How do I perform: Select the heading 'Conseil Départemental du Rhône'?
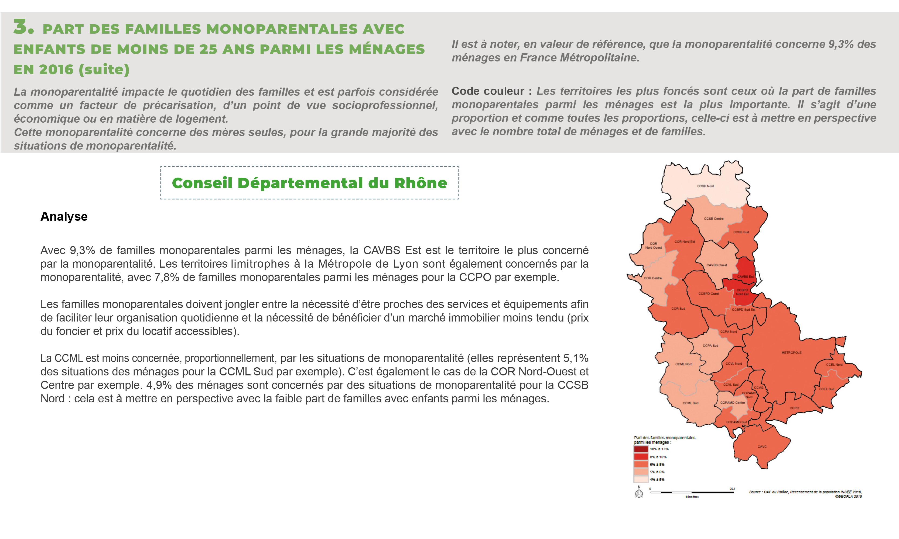[309, 183]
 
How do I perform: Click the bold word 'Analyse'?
[64, 216]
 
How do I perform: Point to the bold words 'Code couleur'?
[487, 91]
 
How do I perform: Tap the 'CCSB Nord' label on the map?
[705, 186]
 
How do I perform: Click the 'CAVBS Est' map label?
[745, 277]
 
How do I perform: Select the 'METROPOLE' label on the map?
[791, 352]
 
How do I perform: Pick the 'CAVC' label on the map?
[762, 446]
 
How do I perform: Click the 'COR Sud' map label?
[678, 308]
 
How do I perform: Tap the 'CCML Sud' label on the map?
[690, 403]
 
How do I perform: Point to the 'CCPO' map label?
[794, 408]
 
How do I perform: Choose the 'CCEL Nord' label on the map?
[834, 364]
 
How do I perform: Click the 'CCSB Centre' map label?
[713, 219]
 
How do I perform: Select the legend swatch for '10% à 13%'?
[641, 449]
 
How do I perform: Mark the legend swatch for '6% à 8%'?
[641, 464]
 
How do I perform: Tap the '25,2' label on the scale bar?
[732, 489]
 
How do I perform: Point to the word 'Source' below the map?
[755, 492]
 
